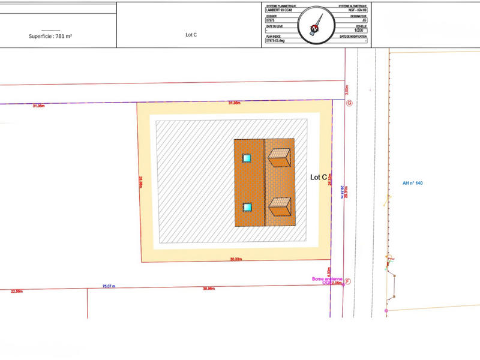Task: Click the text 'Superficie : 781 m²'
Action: click(x=50, y=36)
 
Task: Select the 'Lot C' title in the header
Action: click(x=191, y=35)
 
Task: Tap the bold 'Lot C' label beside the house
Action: click(x=319, y=177)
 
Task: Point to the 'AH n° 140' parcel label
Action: click(x=413, y=182)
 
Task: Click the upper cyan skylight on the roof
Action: click(x=247, y=158)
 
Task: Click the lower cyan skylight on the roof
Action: click(x=247, y=207)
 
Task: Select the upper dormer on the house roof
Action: click(x=280, y=157)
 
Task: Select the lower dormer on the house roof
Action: click(x=280, y=208)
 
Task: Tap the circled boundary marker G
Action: click(x=349, y=103)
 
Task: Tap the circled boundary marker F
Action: click(x=347, y=281)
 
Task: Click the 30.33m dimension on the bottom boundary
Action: click(x=235, y=260)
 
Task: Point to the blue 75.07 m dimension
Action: click(x=109, y=286)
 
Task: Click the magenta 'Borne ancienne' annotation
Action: click(x=327, y=279)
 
